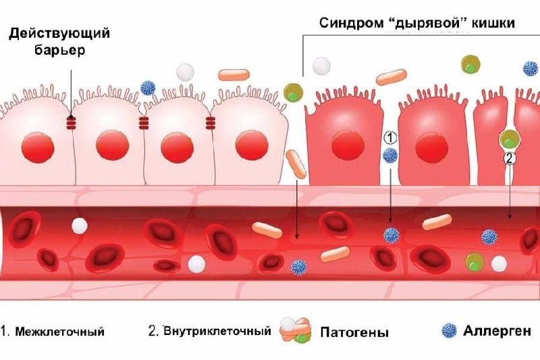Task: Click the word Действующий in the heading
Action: pyautogui.click(x=60, y=33)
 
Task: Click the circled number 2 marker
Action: pyautogui.click(x=510, y=159)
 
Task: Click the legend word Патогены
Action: pyautogui.click(x=355, y=332)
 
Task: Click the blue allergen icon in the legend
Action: pyautogui.click(x=448, y=331)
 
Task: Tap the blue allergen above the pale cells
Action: pyautogui.click(x=148, y=88)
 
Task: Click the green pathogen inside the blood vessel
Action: pyautogui.click(x=475, y=261)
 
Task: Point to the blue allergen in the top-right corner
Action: pyautogui.click(x=531, y=68)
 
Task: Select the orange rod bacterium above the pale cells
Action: pyautogui.click(x=234, y=74)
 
